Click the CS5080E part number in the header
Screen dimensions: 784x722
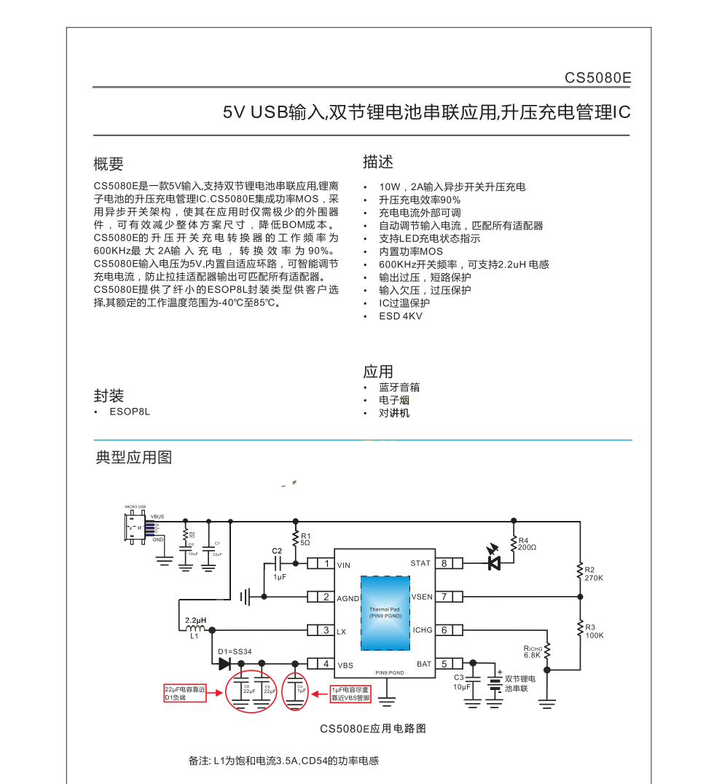[x=597, y=78]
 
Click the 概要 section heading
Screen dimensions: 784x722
[x=109, y=164]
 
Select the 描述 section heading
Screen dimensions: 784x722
[x=378, y=162]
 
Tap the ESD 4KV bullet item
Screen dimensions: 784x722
[x=400, y=316]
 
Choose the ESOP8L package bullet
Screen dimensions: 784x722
[x=130, y=412]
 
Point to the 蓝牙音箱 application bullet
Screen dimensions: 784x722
[x=399, y=388]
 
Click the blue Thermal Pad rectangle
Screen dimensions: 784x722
[x=385, y=613]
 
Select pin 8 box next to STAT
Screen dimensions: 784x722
[x=444, y=563]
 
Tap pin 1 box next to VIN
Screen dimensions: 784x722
[x=326, y=563]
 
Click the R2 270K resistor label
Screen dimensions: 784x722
[x=594, y=573]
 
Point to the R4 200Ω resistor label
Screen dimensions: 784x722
[x=527, y=544]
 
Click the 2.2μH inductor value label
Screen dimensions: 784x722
[x=195, y=621]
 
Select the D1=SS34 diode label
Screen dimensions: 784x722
[x=235, y=651]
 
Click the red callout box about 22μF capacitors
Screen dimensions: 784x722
[x=184, y=693]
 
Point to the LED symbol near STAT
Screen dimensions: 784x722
[x=494, y=562]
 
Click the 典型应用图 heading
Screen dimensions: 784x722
[x=133, y=458]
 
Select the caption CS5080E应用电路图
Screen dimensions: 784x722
[x=372, y=729]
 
